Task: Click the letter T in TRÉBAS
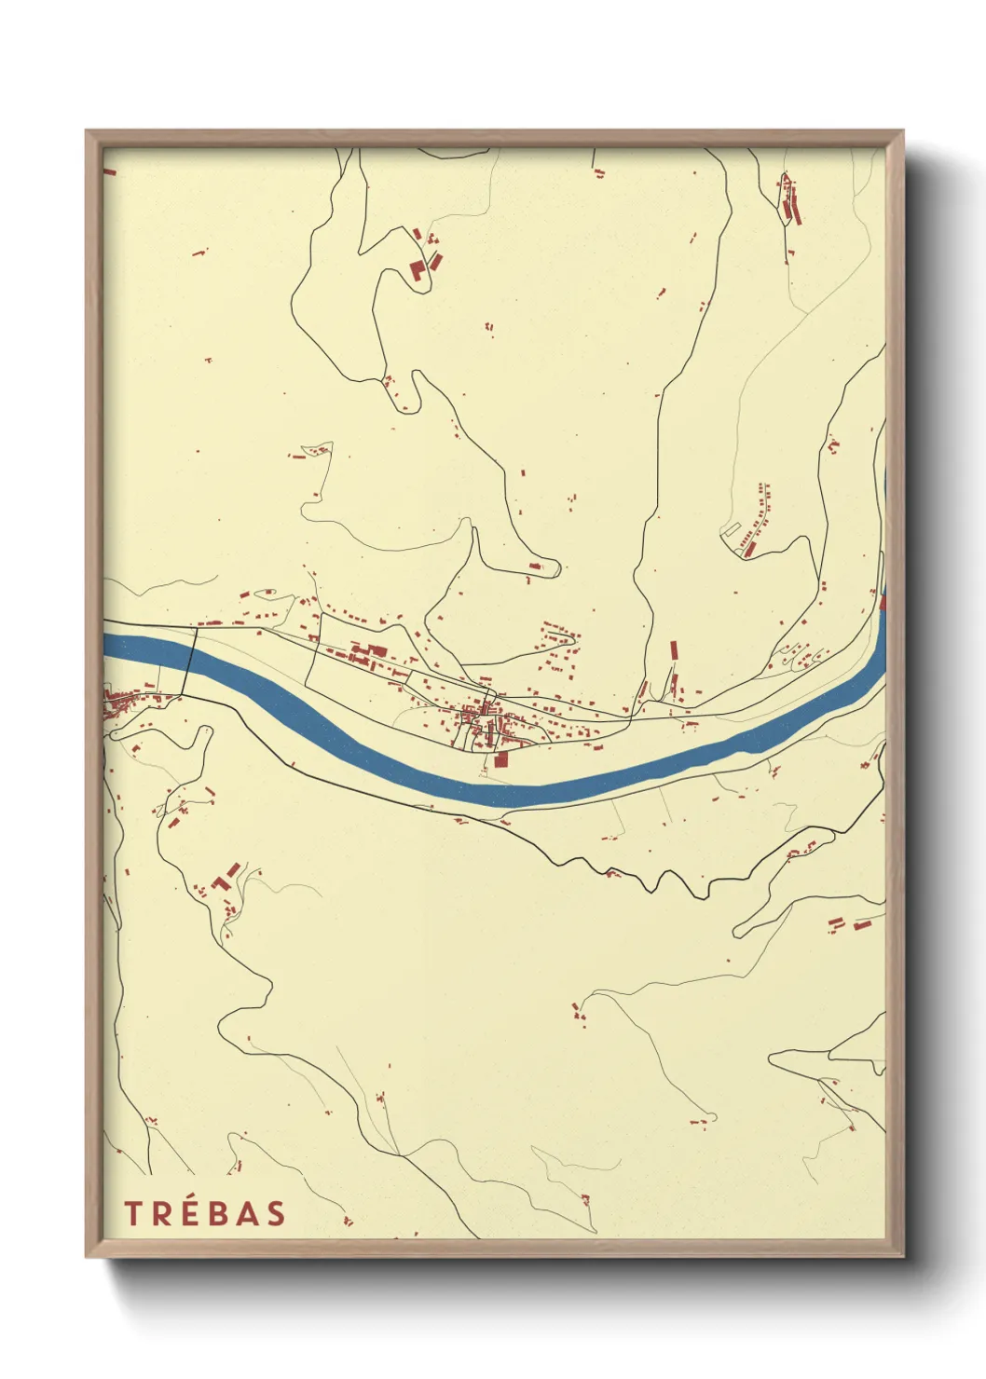click(x=132, y=1213)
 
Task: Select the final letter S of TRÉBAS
click(x=275, y=1213)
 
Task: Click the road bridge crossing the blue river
click(x=188, y=662)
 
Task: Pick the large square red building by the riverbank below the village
click(x=501, y=759)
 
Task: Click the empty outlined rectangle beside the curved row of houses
click(x=732, y=530)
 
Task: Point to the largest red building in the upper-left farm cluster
click(x=418, y=271)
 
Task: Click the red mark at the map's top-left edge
click(x=109, y=172)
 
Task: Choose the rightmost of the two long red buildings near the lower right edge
click(x=862, y=925)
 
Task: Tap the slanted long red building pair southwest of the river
click(x=224, y=878)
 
